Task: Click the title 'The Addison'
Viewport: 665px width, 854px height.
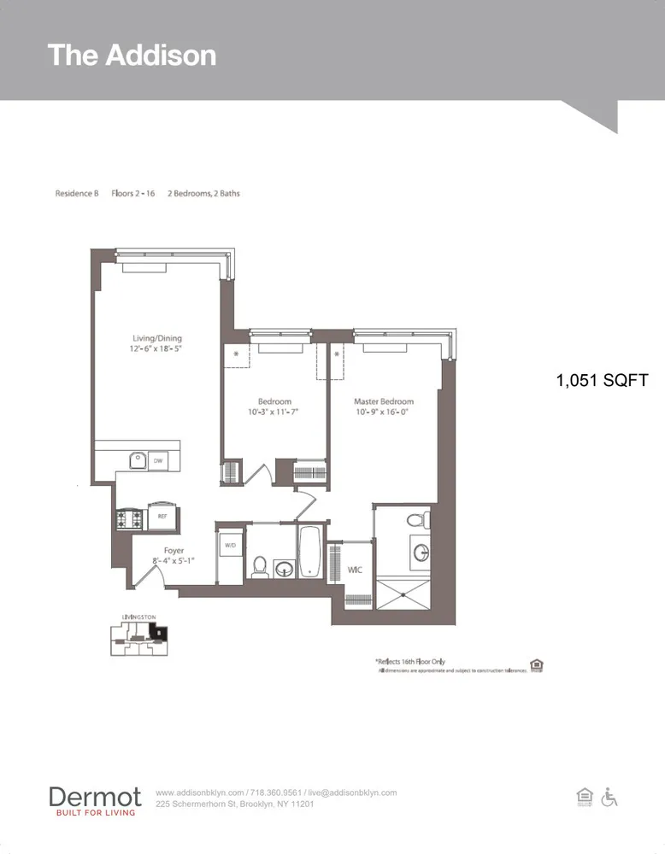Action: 132,55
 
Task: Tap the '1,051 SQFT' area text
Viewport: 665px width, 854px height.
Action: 602,381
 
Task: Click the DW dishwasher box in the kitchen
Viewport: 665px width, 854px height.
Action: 158,461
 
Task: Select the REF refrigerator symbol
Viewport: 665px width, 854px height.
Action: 162,516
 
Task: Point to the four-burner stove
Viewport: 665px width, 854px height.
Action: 131,518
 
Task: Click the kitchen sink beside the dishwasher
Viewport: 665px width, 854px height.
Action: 137,461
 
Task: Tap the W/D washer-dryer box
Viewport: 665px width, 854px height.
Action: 230,544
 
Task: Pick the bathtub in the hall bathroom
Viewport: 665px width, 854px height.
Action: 309,553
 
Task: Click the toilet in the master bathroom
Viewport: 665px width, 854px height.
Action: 417,518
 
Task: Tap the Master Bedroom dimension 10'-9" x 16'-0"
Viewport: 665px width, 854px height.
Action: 384,412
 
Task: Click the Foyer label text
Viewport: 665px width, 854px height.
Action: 174,551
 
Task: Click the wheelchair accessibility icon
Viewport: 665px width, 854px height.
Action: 609,797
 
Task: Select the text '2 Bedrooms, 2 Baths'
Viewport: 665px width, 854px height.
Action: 203,194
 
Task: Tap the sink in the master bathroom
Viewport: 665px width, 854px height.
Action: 421,553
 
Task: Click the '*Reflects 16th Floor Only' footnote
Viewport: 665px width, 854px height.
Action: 410,661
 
